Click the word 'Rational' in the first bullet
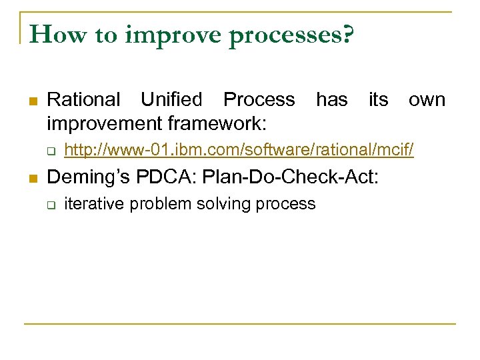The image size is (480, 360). pyautogui.click(x=84, y=100)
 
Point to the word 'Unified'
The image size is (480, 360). pyautogui.click(x=171, y=100)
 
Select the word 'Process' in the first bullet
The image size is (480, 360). pyautogui.click(x=259, y=100)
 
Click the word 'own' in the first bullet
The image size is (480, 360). pyautogui.click(x=427, y=100)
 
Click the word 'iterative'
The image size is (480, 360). pyautogui.click(x=94, y=204)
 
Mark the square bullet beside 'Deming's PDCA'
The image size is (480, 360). pyautogui.click(x=32, y=179)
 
